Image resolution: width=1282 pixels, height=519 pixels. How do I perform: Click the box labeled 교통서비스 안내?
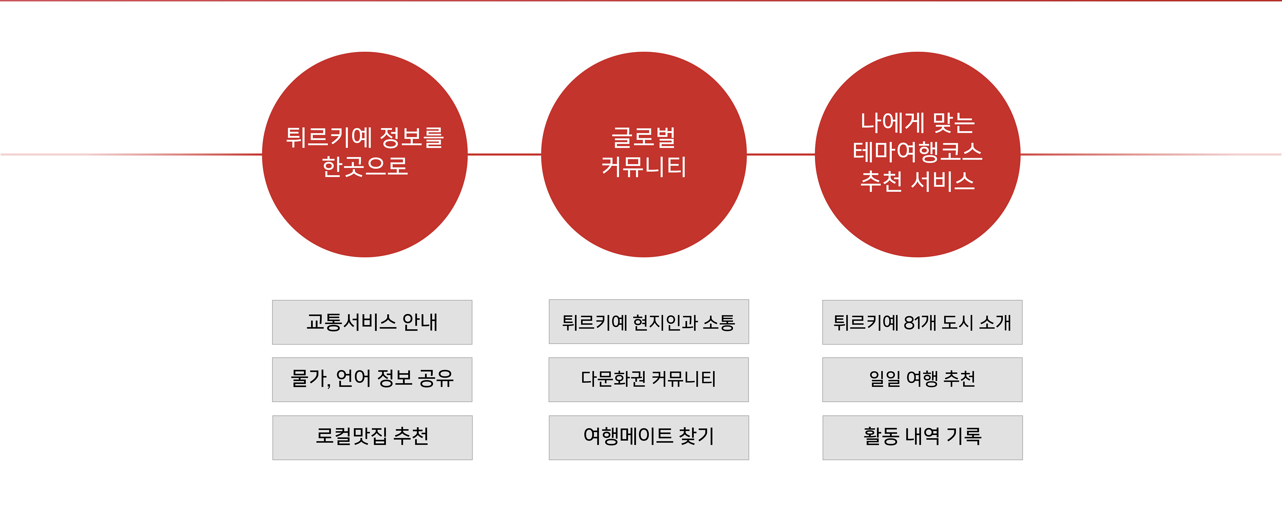[372, 322]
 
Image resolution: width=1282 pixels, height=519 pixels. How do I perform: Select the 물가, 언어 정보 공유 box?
[372, 379]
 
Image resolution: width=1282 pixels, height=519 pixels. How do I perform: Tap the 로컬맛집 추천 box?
[372, 437]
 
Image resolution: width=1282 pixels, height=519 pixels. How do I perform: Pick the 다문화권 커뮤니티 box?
[648, 379]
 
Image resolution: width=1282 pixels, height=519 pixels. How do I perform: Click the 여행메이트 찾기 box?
[648, 437]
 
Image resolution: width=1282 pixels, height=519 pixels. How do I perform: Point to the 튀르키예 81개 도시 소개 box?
[922, 322]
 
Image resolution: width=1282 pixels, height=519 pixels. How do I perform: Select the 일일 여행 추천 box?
[922, 379]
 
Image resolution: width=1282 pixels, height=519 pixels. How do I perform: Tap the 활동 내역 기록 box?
[922, 437]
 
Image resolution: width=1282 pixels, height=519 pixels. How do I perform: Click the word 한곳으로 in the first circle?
[365, 166]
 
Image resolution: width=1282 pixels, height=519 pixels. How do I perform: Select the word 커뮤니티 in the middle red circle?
[643, 166]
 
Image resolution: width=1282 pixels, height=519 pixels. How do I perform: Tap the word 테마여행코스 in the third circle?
[917, 152]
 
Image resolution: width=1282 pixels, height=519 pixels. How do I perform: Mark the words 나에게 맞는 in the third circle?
[917, 122]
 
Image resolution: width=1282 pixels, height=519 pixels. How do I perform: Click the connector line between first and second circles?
[504, 154]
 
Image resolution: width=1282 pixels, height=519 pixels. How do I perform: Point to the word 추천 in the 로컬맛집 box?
[411, 437]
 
